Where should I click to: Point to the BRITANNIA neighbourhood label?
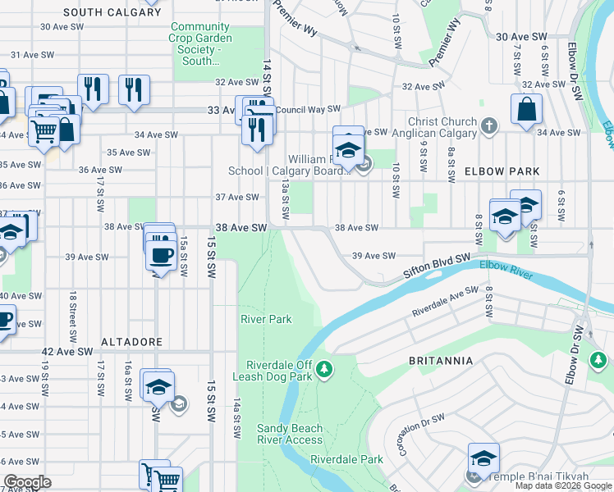[440, 360]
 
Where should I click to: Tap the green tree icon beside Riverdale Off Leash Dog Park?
[325, 370]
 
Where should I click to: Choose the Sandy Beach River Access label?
[290, 434]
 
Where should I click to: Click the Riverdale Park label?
[347, 460]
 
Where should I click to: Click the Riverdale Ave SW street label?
[445, 302]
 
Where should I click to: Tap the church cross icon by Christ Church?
[489, 126]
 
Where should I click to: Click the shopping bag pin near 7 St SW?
[526, 109]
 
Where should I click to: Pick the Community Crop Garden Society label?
[201, 43]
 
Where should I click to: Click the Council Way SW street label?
[308, 108]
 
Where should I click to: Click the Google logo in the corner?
[27, 482]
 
